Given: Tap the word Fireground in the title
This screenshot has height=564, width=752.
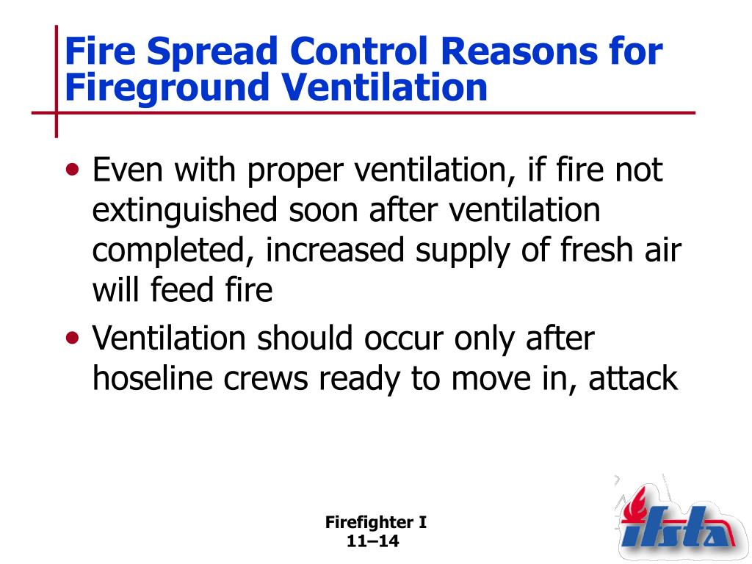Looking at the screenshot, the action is pos(166,88).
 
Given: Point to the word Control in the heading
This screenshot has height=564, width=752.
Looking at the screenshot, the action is pos(358,50).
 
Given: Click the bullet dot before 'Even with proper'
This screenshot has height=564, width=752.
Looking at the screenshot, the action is pos(73,170).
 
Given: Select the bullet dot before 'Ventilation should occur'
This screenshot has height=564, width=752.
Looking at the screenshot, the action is pos(73,339).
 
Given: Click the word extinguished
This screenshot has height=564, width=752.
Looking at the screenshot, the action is pos(184,211).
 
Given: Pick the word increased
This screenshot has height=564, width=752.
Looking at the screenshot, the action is pos(334,250).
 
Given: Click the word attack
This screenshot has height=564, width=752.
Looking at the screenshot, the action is pos(633,378).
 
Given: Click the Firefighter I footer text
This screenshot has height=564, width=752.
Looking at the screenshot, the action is pos(376,522).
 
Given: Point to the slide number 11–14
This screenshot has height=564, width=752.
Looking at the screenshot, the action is pos(372,541).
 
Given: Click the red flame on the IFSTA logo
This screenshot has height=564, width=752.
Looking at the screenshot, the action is pos(635,504).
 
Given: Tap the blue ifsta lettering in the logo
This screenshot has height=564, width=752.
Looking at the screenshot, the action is pos(676,529).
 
